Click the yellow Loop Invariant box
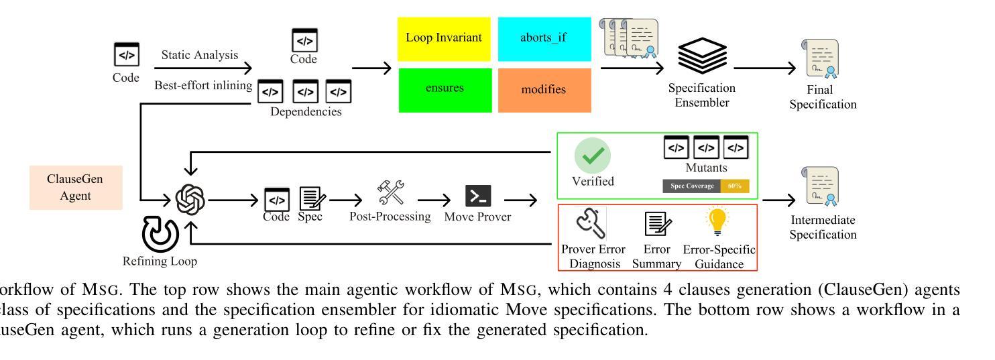coord(444,38)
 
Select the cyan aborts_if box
coord(544,38)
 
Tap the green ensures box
coord(444,89)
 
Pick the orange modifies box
coord(544,89)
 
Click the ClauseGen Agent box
coord(75,188)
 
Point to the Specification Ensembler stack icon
coord(701,58)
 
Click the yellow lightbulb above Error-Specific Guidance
coord(718,221)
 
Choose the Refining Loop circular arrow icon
coord(160,236)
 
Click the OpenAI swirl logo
coord(190,199)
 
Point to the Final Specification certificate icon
coord(822,60)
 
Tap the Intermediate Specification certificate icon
coord(822,188)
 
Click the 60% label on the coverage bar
coord(735,186)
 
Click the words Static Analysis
coord(200,55)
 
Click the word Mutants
coord(705,168)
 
